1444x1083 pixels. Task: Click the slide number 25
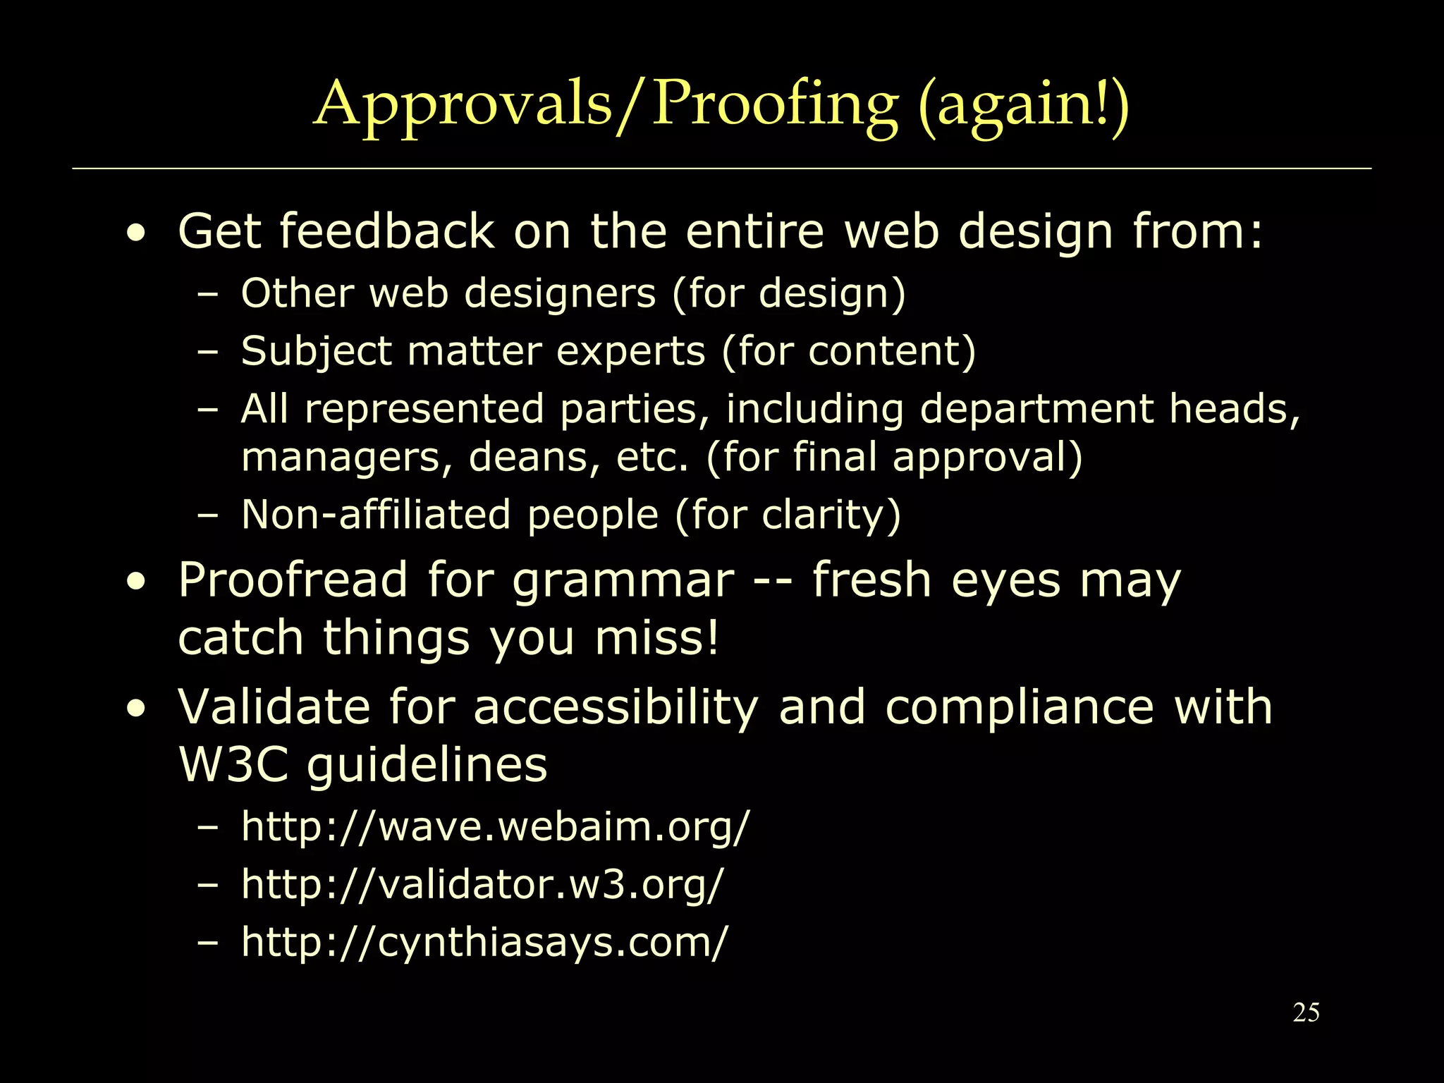[x=1306, y=1012]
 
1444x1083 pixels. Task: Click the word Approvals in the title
[x=463, y=104]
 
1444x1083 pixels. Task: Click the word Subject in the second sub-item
[x=316, y=351]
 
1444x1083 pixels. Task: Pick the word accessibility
[x=616, y=707]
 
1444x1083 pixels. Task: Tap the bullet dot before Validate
[x=136, y=710]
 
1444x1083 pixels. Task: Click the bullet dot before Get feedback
[x=136, y=233]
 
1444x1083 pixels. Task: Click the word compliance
[x=1019, y=707]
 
